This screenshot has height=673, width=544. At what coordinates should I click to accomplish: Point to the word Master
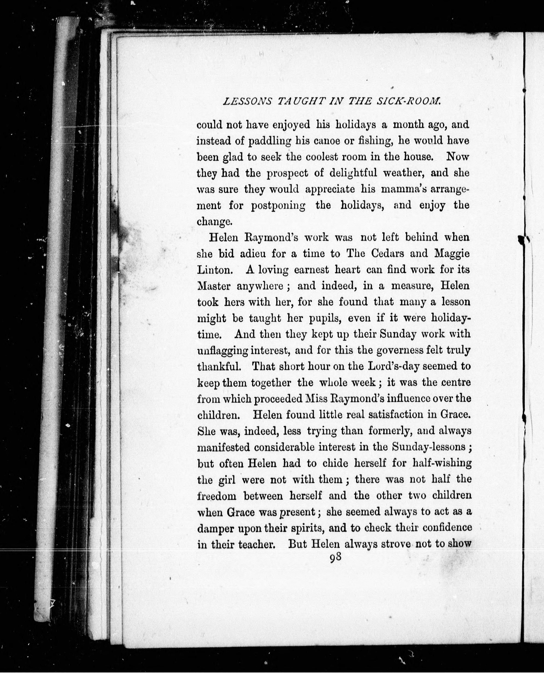coord(214,286)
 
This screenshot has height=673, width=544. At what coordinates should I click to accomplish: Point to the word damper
coord(215,528)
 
